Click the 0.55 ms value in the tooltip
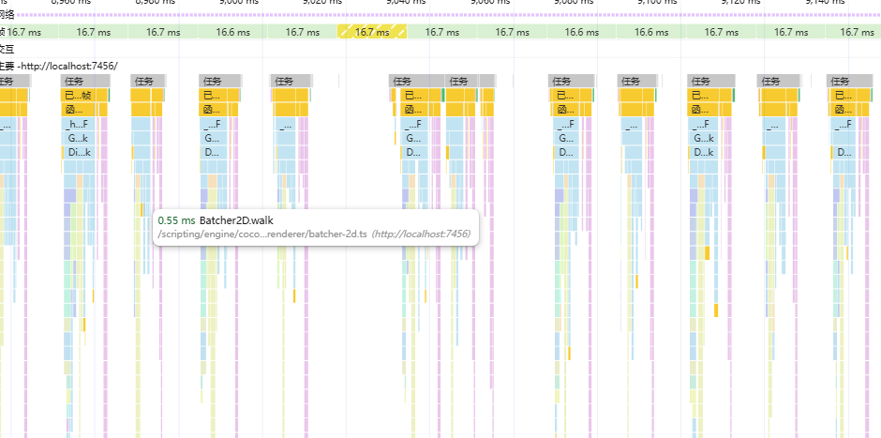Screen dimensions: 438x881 click(176, 220)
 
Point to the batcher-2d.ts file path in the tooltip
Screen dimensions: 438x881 click(262, 234)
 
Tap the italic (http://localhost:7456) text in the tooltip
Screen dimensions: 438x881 click(421, 234)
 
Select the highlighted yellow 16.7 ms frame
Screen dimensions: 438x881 click(372, 32)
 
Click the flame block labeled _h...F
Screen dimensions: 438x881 click(78, 124)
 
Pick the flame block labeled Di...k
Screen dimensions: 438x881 click(78, 152)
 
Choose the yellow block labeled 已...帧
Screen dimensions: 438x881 click(78, 95)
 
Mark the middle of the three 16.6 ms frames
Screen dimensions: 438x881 click(581, 32)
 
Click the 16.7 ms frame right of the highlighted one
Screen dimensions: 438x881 click(440, 32)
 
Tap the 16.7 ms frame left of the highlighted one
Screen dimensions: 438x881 click(302, 32)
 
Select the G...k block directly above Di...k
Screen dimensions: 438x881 click(78, 138)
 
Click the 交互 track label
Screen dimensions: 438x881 click(7, 48)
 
